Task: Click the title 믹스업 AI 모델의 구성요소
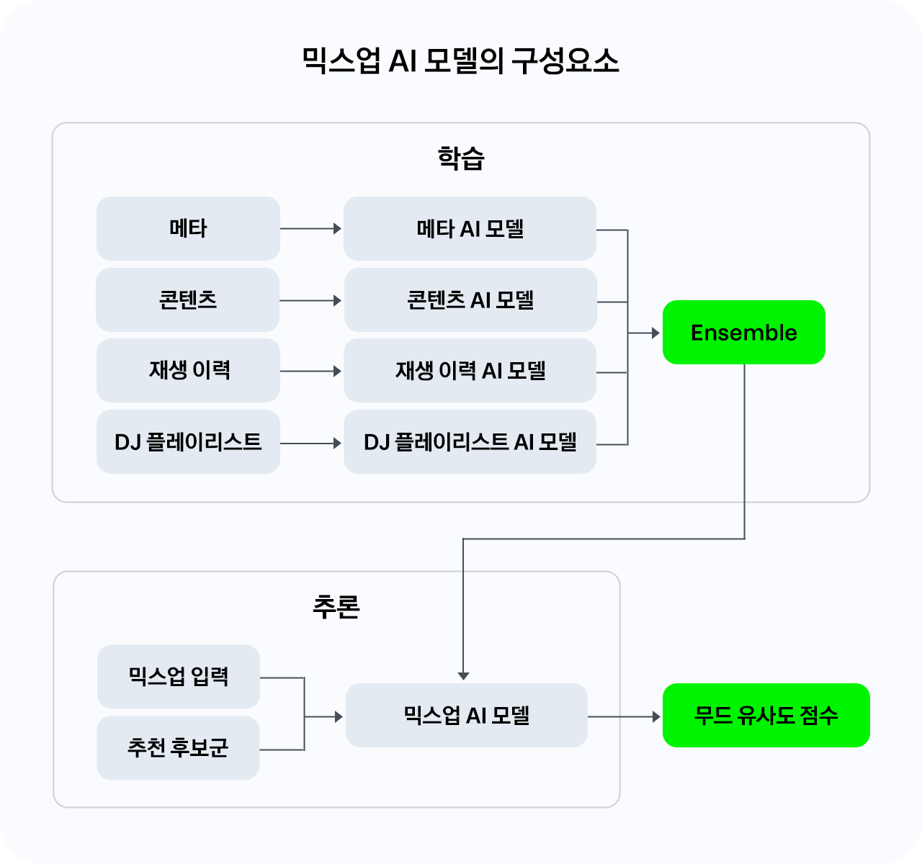coord(460,61)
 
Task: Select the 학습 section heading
coord(460,158)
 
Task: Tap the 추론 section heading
coord(336,607)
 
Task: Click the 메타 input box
coord(188,228)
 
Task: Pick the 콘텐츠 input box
coord(188,300)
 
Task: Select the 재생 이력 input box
coord(188,370)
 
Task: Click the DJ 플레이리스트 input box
coord(188,441)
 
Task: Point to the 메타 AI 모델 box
coord(470,228)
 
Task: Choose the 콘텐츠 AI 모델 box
coord(470,300)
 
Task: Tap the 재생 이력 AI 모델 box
coord(470,370)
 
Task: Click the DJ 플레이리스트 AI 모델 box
coord(470,441)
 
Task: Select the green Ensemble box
coord(743,332)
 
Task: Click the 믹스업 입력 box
coord(178,676)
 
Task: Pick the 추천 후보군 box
coord(178,747)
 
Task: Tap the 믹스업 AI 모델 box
coord(466,715)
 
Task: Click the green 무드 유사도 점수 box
coord(766,715)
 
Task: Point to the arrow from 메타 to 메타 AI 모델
coord(310,228)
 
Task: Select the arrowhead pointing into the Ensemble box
coord(655,333)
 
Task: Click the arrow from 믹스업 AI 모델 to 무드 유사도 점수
coord(624,716)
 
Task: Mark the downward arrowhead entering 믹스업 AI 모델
coord(463,675)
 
